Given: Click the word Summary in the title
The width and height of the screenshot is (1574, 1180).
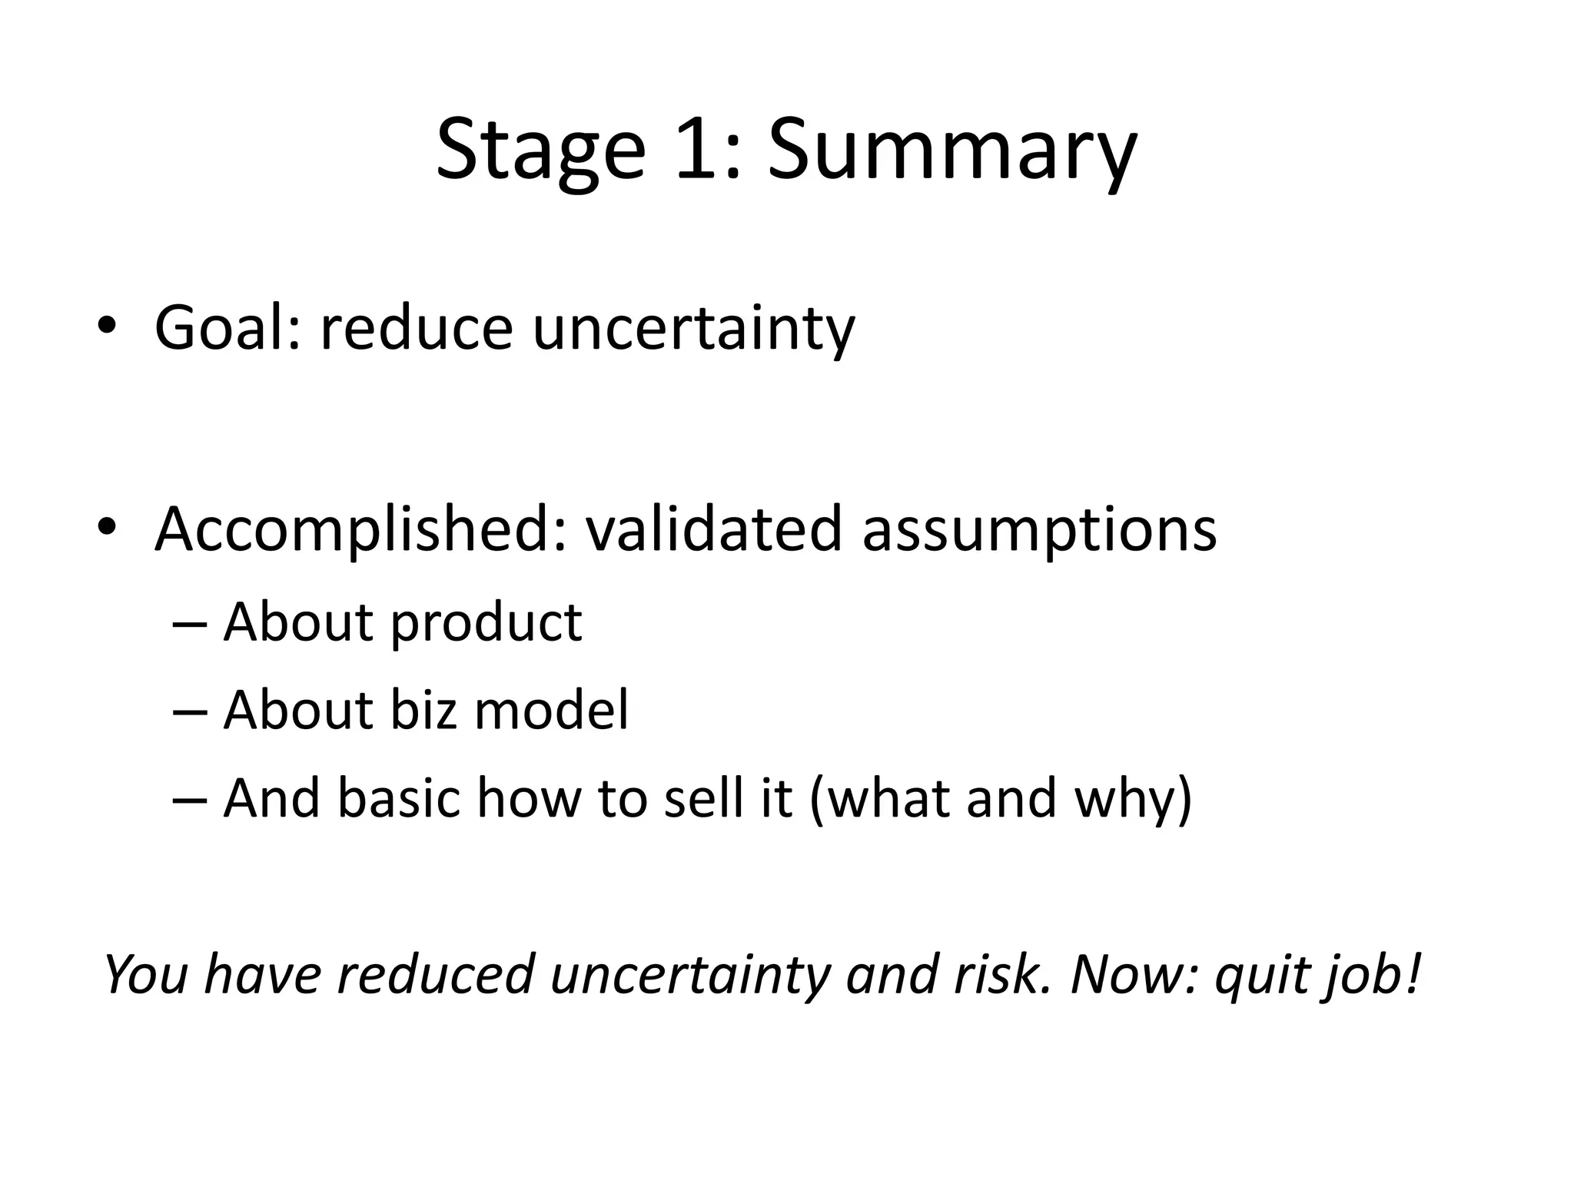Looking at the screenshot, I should point(951,150).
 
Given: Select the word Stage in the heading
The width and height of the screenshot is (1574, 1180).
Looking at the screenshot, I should point(540,150).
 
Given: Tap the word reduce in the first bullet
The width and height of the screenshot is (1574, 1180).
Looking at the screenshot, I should point(416,329).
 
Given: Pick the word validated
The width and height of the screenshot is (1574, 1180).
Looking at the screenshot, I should point(714,530).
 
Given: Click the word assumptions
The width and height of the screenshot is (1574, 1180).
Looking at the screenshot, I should point(1039,530).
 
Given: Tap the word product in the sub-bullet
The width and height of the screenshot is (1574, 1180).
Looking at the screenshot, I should point(486,623).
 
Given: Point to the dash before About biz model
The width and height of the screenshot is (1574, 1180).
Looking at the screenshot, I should point(190,711).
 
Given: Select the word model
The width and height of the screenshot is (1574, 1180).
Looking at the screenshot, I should point(551,709).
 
